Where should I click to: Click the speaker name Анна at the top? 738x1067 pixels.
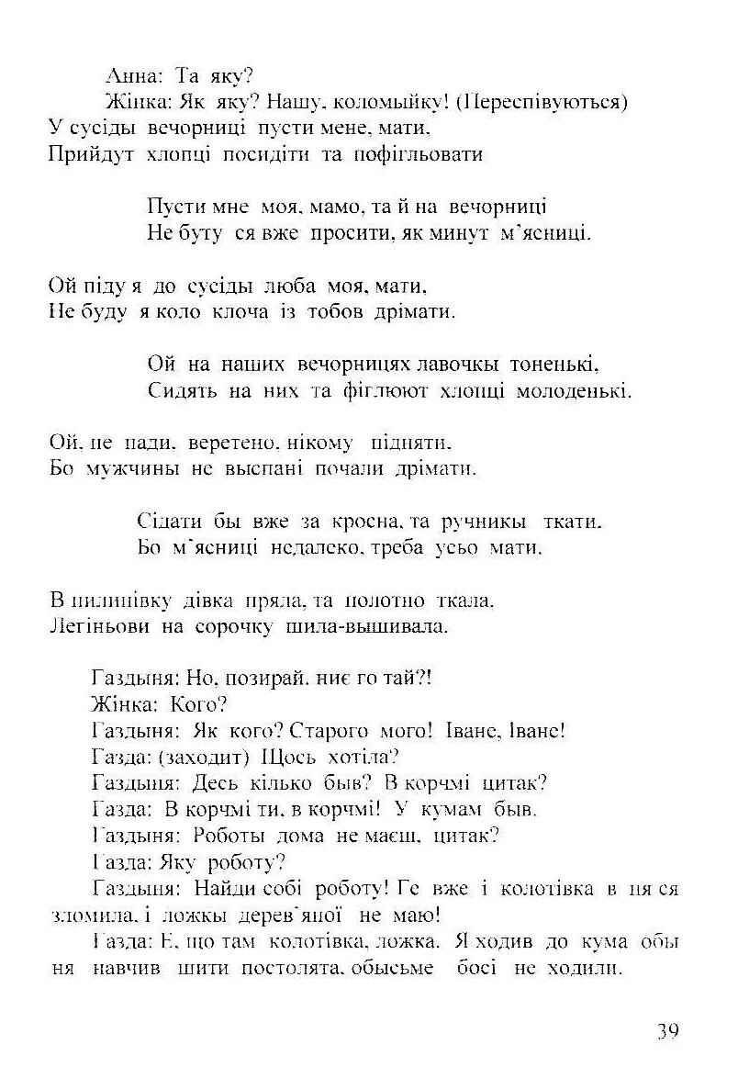[129, 76]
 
